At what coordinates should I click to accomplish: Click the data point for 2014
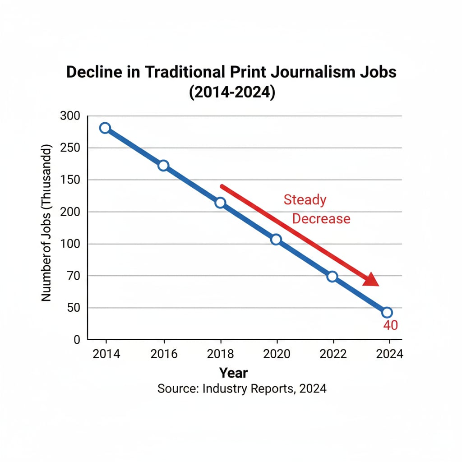coord(105,128)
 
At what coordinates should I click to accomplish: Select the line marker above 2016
coord(163,166)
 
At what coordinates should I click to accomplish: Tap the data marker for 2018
coord(220,203)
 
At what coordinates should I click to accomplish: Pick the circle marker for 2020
coord(276,240)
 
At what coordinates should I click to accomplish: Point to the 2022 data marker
coord(332,277)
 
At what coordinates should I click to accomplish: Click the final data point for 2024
coord(387,312)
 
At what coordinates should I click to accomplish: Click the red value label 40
coord(390,325)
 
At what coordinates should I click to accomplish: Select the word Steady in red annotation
coord(305,200)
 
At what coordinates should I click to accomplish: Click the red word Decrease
coord(321,219)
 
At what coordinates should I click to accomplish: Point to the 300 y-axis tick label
coord(69,116)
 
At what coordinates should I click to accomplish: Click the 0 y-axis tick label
coord(77,340)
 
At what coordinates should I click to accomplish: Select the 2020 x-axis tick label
coord(276,354)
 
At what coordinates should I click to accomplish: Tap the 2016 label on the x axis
coord(163,354)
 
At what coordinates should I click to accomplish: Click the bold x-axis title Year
coord(233,373)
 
